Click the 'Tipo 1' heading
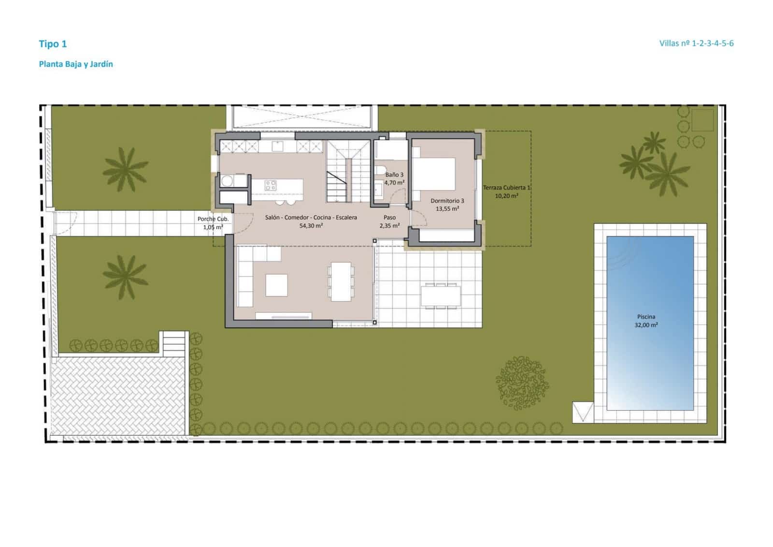pyautogui.click(x=53, y=44)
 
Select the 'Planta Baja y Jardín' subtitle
pyautogui.click(x=76, y=64)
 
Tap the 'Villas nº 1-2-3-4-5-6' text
pyautogui.click(x=696, y=43)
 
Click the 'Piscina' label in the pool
pyautogui.click(x=646, y=317)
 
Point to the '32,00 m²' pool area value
pyautogui.click(x=646, y=325)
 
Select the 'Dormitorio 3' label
pyautogui.click(x=447, y=201)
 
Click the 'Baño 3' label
pyautogui.click(x=394, y=175)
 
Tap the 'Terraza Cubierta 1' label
pyautogui.click(x=507, y=188)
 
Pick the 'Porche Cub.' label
pyautogui.click(x=213, y=219)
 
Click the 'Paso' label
pyautogui.click(x=389, y=218)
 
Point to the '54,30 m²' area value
pyautogui.click(x=311, y=225)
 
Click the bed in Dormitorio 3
pyautogui.click(x=433, y=174)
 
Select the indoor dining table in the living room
pyautogui.click(x=341, y=281)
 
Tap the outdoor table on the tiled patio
pyautogui.click(x=440, y=296)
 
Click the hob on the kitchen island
pyautogui.click(x=270, y=185)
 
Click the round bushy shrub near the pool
pyautogui.click(x=522, y=383)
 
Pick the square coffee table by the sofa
pyautogui.click(x=276, y=285)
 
